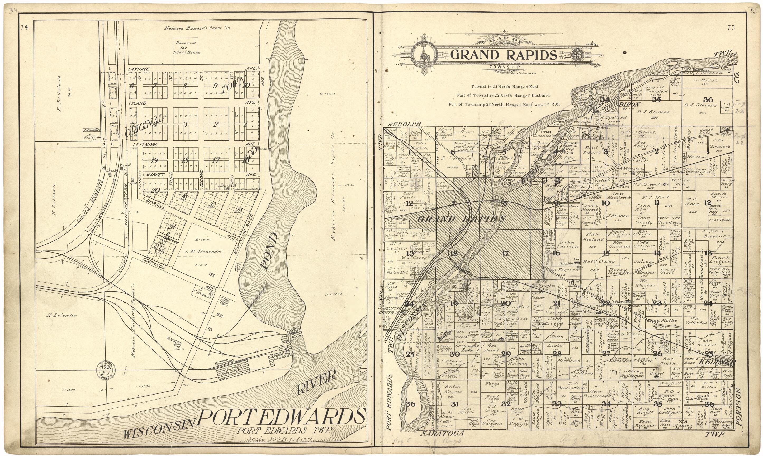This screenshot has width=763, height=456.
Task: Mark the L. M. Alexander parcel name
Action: tap(204, 251)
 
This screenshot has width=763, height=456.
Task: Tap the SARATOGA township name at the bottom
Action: tap(442, 434)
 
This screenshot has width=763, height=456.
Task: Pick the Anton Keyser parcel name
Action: tap(452, 389)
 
